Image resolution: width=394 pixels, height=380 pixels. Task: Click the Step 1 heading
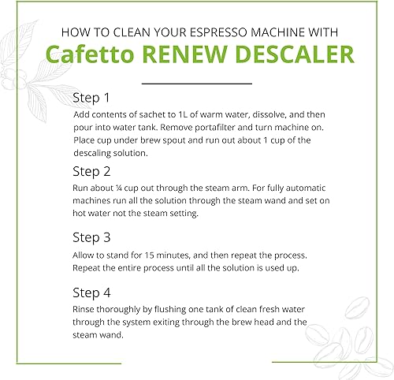pos(92,99)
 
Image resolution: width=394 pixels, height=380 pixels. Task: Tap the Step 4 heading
pos(92,292)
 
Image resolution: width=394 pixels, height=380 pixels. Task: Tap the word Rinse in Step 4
pos(85,309)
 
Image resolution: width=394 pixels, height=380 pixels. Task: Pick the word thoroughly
pos(128,309)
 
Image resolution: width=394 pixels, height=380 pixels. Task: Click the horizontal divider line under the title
pos(198,82)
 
